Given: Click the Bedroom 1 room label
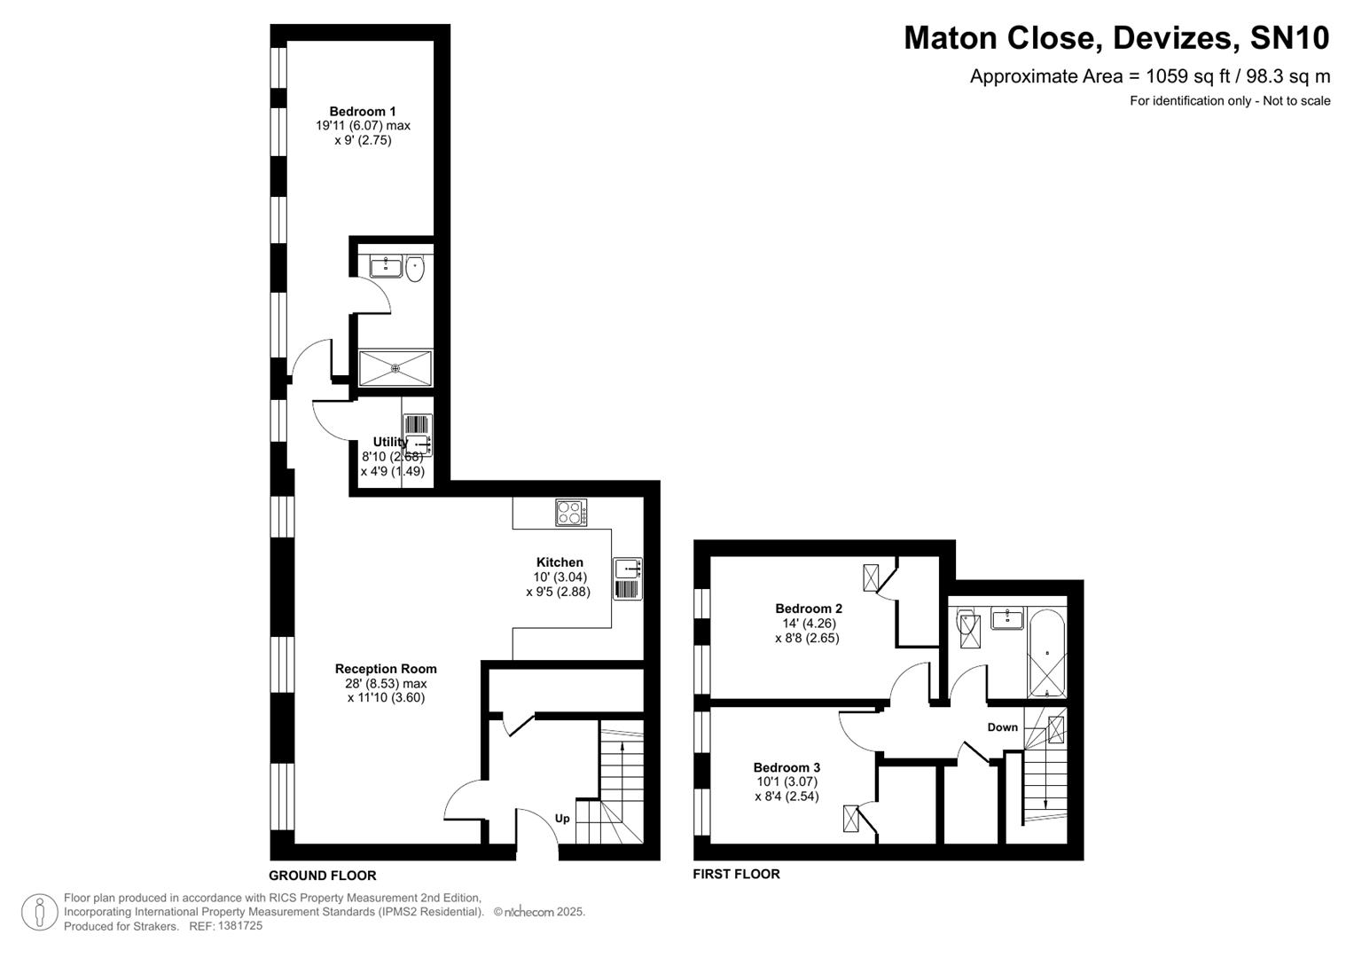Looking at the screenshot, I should click(363, 112).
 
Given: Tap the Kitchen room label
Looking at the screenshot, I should click(560, 562).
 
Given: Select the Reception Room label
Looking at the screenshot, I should click(386, 669).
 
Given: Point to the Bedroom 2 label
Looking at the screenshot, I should click(808, 609).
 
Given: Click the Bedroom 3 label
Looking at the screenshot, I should click(787, 767).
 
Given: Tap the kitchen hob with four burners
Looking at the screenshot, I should click(571, 513).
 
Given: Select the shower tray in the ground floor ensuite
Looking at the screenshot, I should click(395, 368).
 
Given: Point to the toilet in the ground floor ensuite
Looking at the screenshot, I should click(415, 268).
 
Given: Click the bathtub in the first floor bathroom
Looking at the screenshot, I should click(1047, 654).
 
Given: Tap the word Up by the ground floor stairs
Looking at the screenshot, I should click(562, 819).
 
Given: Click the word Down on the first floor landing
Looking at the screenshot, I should click(1002, 727).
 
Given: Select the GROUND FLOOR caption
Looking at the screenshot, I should click(323, 876).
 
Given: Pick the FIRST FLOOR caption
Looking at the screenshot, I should click(736, 874).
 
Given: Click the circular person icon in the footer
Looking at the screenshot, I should click(39, 912).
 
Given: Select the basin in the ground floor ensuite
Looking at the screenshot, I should click(386, 266).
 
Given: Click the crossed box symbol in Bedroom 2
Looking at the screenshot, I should click(872, 578).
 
